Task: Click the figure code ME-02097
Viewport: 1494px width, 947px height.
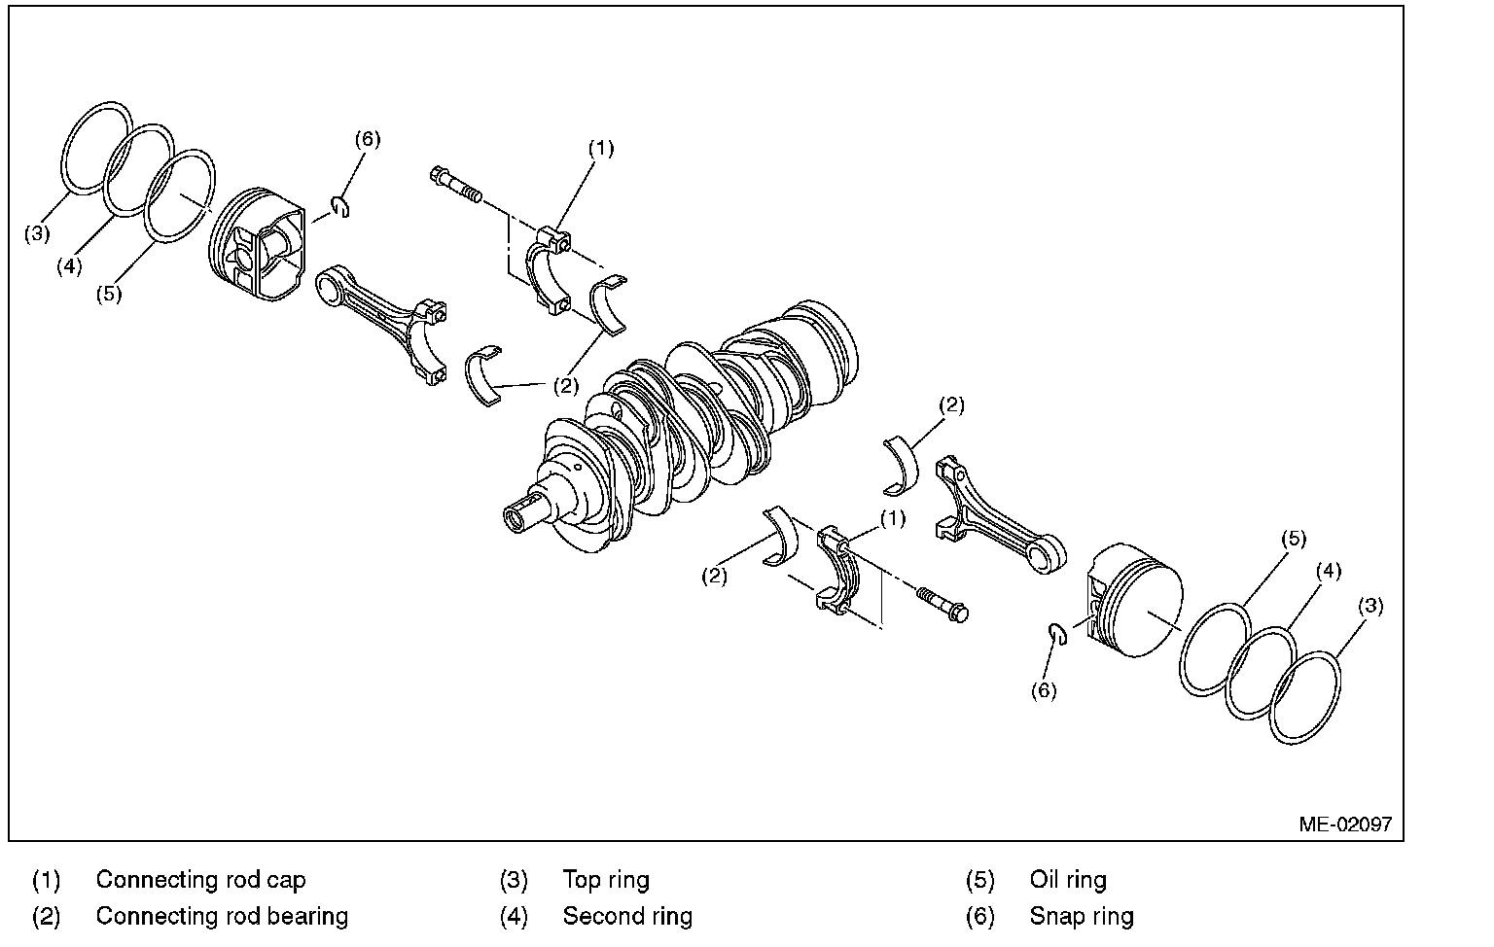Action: [x=1345, y=824]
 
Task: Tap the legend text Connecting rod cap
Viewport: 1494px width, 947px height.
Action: [x=200, y=880]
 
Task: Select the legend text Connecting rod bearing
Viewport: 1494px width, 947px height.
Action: [x=222, y=916]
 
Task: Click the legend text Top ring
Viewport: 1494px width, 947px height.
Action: [x=605, y=880]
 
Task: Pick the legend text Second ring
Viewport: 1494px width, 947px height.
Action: [x=627, y=916]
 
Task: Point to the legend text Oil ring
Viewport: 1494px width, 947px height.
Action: [x=1068, y=880]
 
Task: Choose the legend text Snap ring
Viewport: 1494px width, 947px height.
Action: [x=1082, y=916]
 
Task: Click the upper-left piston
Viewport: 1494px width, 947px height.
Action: [x=258, y=243]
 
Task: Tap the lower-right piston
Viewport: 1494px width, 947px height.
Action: [x=1135, y=601]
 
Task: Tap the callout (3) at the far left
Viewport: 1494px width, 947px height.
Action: [x=37, y=233]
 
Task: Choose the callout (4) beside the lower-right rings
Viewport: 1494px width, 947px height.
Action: [x=1329, y=571]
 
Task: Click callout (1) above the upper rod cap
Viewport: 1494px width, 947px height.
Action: [x=601, y=148]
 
